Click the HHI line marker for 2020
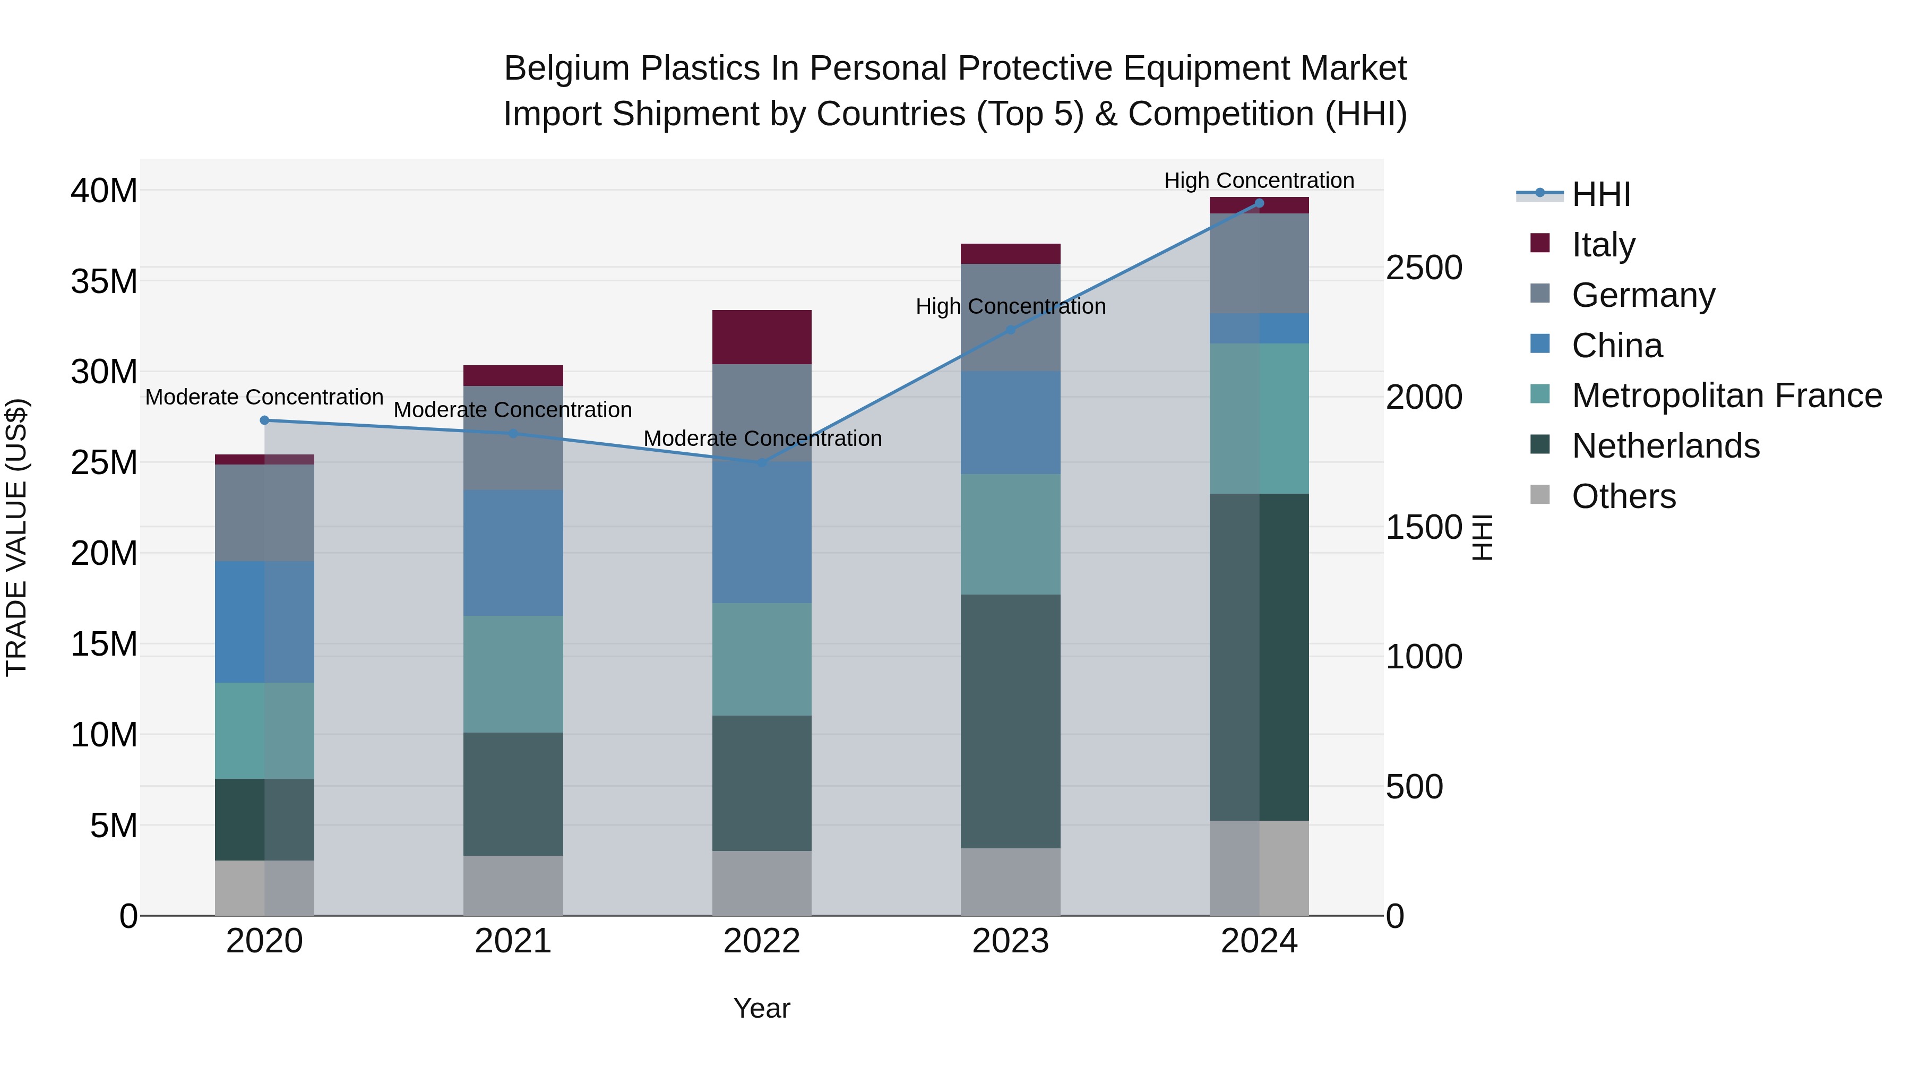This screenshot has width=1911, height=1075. click(x=265, y=420)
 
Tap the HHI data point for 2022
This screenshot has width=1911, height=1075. click(x=762, y=463)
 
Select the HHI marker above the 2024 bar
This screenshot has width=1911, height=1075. click(x=1259, y=203)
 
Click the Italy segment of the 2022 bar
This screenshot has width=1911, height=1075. click(x=762, y=337)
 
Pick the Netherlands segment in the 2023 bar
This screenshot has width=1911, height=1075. click(x=1010, y=721)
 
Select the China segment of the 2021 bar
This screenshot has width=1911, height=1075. click(x=513, y=553)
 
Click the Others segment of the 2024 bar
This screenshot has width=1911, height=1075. click(x=1259, y=868)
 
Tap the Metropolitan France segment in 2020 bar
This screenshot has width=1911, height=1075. click(x=265, y=731)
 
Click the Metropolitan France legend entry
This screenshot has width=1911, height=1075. click(x=1726, y=396)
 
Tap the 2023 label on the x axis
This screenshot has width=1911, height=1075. click(x=1010, y=941)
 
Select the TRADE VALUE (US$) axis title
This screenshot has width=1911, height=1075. click(x=16, y=537)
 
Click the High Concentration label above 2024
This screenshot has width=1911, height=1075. click(x=1259, y=180)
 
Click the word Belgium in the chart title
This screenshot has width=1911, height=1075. click(x=567, y=69)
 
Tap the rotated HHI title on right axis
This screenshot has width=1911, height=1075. click(x=1482, y=537)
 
